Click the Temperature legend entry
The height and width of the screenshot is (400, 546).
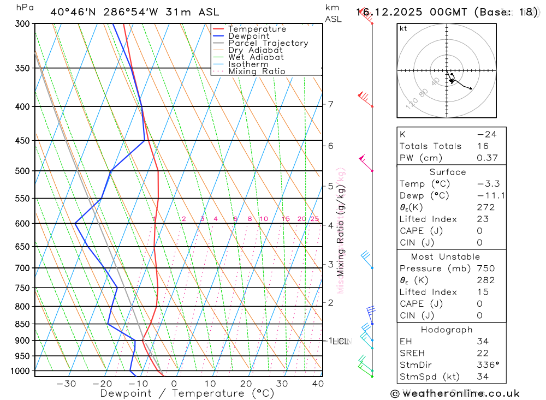[x=257, y=29]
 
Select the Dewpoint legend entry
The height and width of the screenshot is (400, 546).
[x=248, y=36]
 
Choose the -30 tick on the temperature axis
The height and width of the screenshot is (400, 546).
[x=66, y=384]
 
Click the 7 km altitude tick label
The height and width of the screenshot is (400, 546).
[x=331, y=104]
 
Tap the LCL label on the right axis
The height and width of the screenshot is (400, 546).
[x=341, y=342]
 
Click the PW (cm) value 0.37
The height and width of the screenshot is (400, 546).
[x=486, y=158]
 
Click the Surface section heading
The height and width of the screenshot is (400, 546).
[x=448, y=172]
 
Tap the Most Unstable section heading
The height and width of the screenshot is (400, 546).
[x=446, y=256]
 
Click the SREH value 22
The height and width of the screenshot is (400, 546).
[x=483, y=354]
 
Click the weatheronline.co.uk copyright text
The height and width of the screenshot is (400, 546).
[x=455, y=393]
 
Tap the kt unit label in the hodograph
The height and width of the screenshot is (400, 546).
[x=403, y=28]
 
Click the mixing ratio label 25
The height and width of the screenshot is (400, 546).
[x=314, y=219]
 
